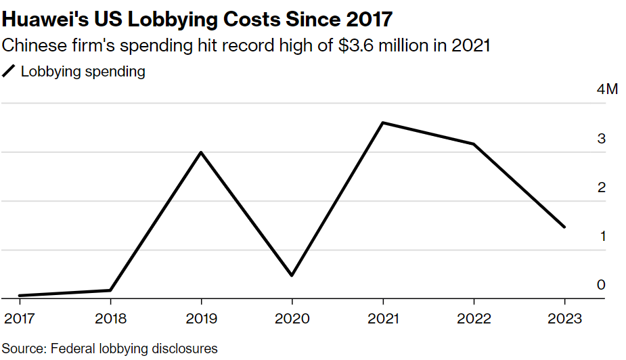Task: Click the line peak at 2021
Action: click(x=383, y=123)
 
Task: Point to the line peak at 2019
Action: click(x=201, y=152)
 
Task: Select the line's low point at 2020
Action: click(x=292, y=275)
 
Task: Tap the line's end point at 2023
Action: click(x=564, y=227)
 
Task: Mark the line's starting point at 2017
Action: click(x=19, y=296)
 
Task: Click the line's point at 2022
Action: click(x=474, y=144)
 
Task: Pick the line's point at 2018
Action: click(x=110, y=290)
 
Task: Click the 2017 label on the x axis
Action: click(x=19, y=319)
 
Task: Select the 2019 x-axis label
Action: click(x=201, y=319)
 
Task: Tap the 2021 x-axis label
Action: click(x=383, y=319)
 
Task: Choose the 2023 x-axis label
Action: click(x=564, y=319)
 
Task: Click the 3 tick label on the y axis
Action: click(x=600, y=139)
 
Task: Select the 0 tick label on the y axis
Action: click(x=600, y=285)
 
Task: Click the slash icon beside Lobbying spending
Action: click(x=9, y=72)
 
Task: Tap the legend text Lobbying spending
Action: click(x=83, y=72)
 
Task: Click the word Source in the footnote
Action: click(x=22, y=348)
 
